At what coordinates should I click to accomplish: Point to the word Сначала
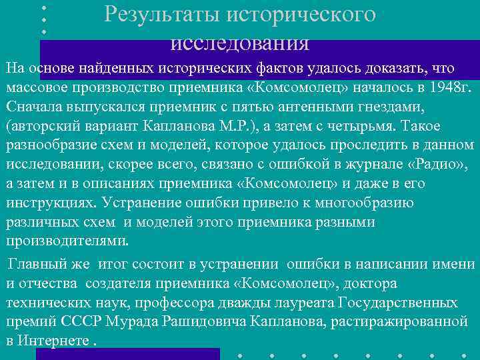(x=35, y=107)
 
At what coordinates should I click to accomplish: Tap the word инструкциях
(x=51, y=203)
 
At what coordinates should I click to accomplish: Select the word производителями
(x=67, y=240)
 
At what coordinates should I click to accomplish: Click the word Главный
(x=35, y=265)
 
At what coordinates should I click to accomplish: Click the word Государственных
(x=398, y=303)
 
